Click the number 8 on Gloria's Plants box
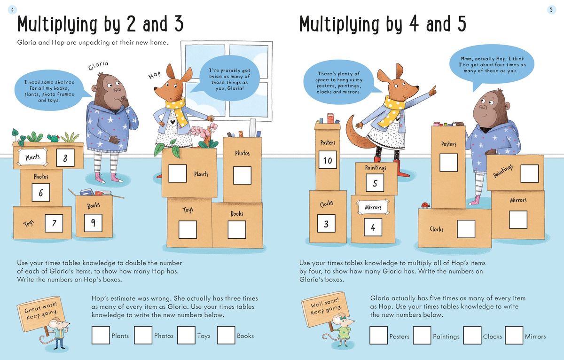(x=65, y=158)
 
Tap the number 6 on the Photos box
(x=41, y=193)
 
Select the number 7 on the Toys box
(x=54, y=223)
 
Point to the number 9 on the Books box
(x=93, y=223)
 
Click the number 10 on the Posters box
(x=328, y=161)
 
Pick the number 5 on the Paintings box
(x=375, y=182)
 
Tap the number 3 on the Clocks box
(x=326, y=224)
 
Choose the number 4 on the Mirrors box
(x=373, y=227)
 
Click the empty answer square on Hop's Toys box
(x=188, y=229)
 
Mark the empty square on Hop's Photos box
(x=242, y=175)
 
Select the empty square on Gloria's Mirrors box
(x=518, y=219)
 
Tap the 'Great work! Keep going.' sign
(x=41, y=309)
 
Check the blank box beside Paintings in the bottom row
(x=422, y=336)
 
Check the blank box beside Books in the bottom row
(x=226, y=335)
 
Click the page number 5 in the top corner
(x=551, y=9)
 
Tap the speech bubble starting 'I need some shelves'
(x=49, y=91)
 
